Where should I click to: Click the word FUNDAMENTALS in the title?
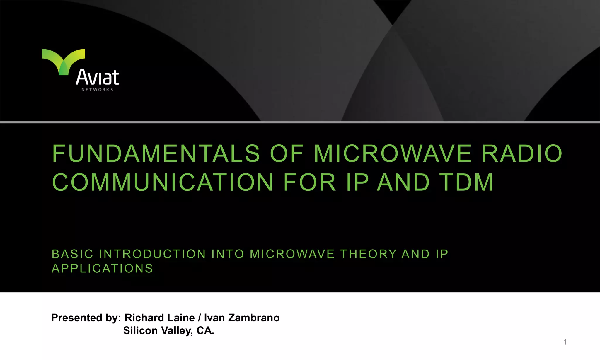(x=156, y=153)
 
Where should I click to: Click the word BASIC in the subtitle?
(x=72, y=254)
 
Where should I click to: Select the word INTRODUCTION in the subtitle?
(x=152, y=254)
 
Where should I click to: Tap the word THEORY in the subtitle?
(x=368, y=254)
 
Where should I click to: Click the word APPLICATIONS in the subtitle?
(x=102, y=269)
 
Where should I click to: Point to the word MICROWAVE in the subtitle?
(x=292, y=254)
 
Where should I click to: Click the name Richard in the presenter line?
(x=144, y=318)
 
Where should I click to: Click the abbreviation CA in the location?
(x=205, y=331)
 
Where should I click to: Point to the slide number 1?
(x=565, y=342)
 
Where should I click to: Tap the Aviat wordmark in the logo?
(x=97, y=77)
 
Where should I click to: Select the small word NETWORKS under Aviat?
(x=97, y=90)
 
